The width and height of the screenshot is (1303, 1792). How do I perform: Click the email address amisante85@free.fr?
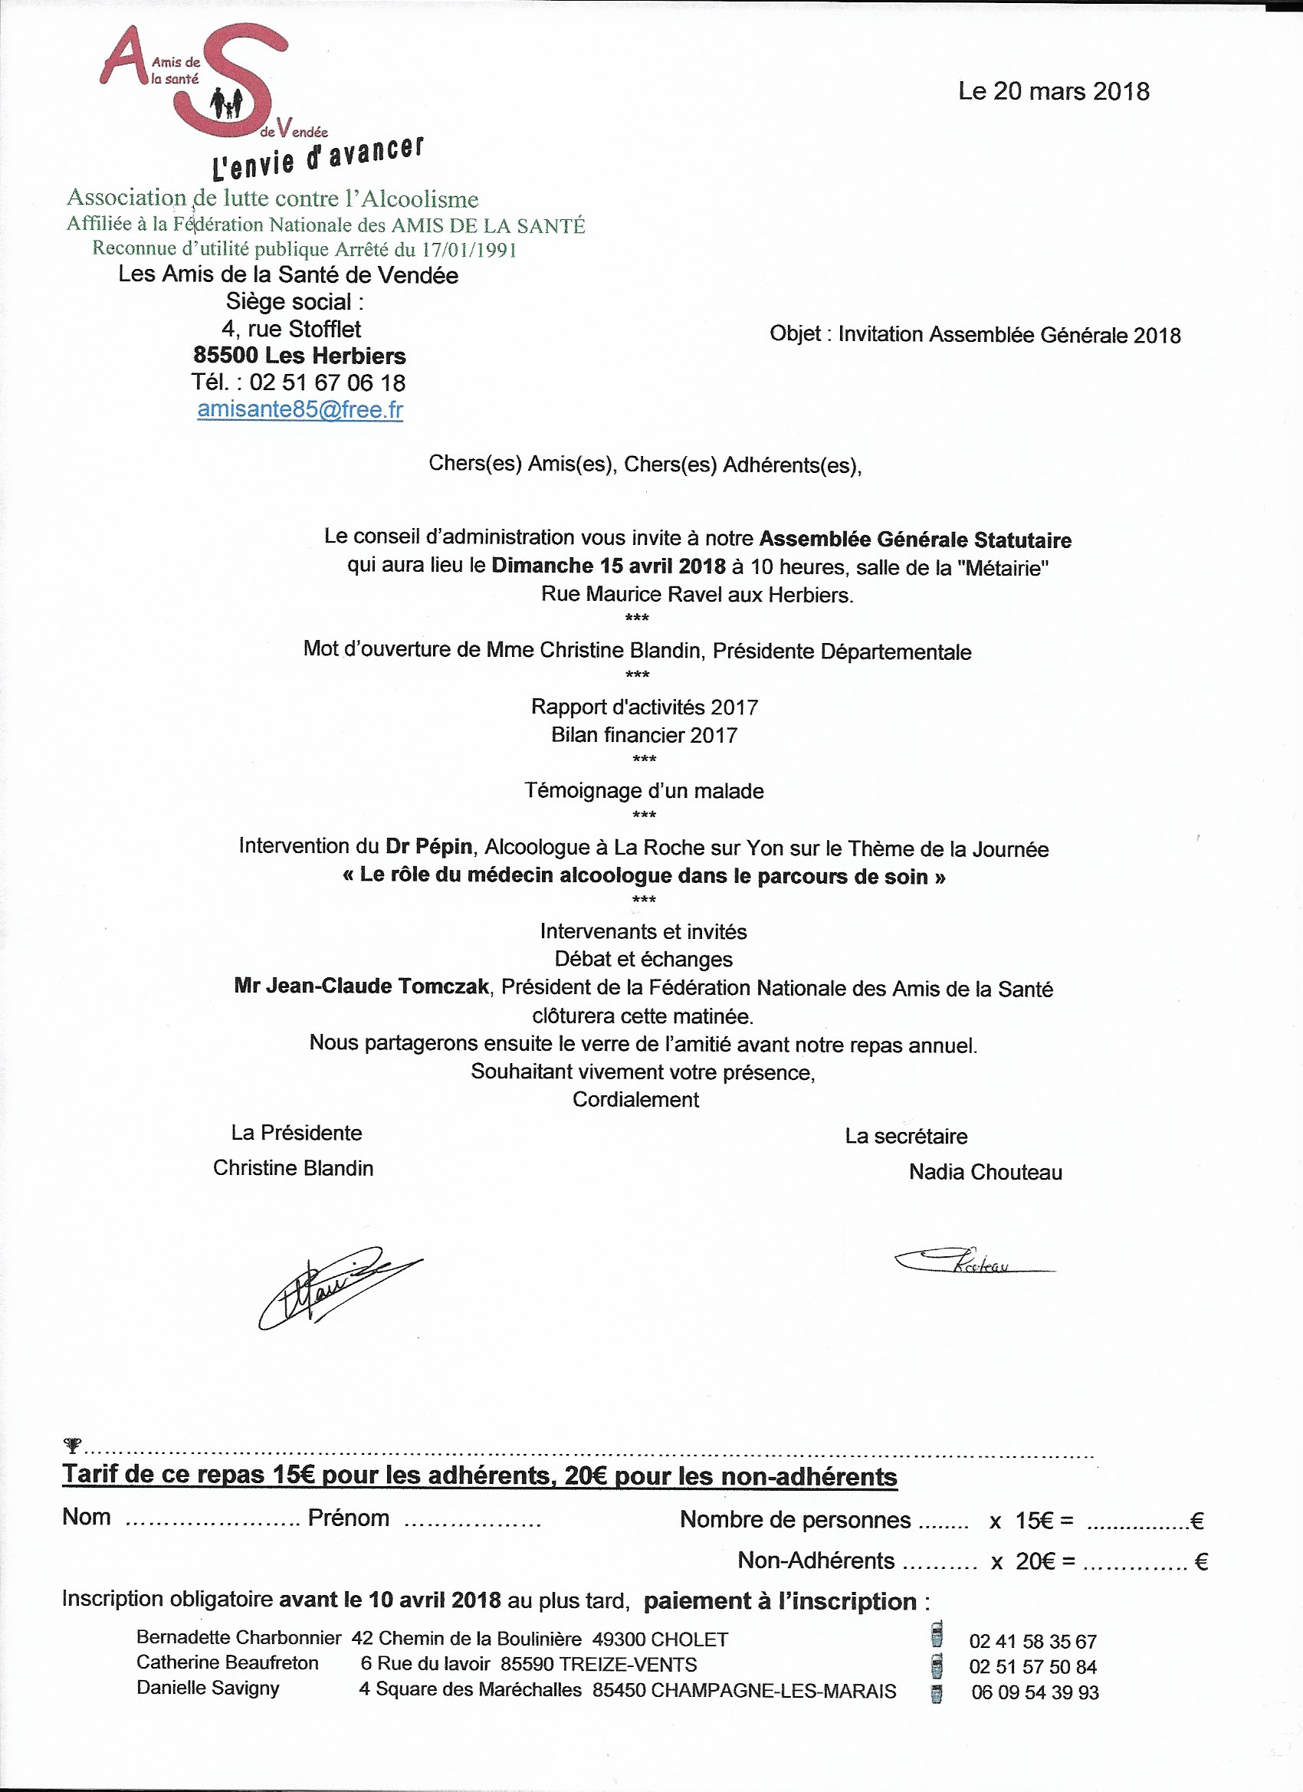(300, 409)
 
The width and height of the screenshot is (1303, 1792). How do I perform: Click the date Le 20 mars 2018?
(1053, 92)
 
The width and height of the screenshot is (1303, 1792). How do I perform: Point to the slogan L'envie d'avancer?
(317, 157)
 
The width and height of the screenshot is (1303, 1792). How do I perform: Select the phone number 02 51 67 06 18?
(327, 382)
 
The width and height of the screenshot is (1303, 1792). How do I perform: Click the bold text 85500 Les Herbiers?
(300, 356)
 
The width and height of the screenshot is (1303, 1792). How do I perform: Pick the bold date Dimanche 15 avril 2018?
(609, 566)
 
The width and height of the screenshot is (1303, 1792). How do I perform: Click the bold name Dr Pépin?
(428, 846)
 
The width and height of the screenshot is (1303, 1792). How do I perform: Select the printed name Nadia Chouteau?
(985, 1172)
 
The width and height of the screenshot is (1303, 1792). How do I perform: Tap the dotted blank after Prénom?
(471, 1521)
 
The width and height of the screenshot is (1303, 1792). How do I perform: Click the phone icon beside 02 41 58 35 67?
(937, 1637)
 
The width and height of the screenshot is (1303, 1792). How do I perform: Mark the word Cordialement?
(635, 1099)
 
